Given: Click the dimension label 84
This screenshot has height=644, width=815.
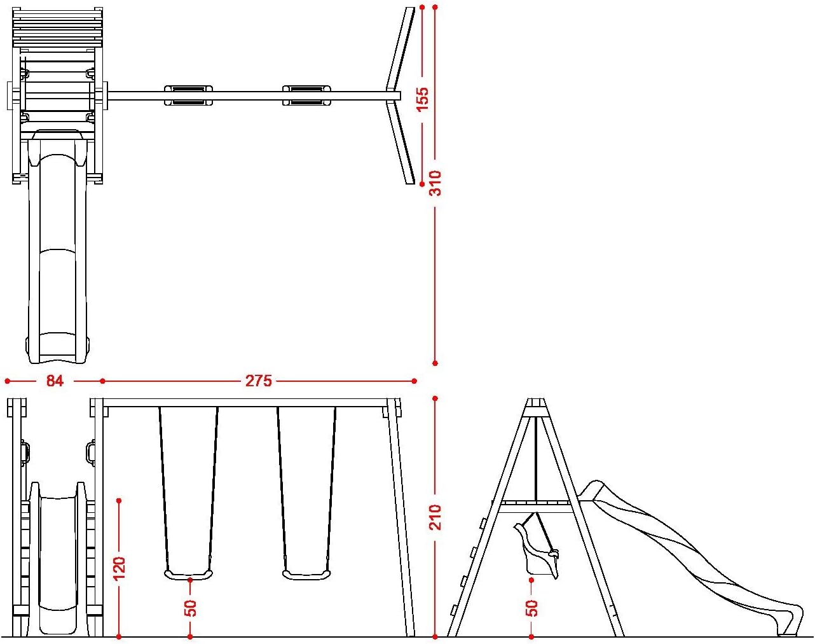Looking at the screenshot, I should pos(55,381).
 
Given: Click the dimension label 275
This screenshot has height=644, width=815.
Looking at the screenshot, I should pos(259,381).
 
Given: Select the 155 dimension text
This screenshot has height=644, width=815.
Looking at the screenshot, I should pos(423,99).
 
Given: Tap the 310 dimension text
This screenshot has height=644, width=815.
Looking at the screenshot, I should pos(435,183).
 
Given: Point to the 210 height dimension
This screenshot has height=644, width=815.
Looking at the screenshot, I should pos(435,517).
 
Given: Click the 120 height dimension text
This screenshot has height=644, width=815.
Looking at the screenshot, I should pos(119,568).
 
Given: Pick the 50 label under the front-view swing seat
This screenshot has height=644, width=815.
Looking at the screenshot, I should pos(190,608).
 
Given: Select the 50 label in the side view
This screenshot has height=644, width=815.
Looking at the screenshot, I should pos(532,608).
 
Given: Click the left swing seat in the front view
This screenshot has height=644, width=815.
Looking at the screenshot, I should pos(188,575).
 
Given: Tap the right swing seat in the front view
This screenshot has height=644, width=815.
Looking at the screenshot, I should pos(306,575).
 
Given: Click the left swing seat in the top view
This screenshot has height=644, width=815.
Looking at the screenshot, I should pos(188,95).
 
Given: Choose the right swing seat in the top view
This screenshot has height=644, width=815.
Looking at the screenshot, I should pos(306,95).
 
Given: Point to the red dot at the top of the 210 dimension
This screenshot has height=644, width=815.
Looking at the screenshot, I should pos(435,398).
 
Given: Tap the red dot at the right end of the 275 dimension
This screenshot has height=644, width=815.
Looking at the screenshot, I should pos(414,381).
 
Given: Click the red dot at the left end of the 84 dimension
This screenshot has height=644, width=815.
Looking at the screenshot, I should pos(7,381).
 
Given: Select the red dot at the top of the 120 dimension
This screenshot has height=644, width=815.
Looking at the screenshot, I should pos(119,501).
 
